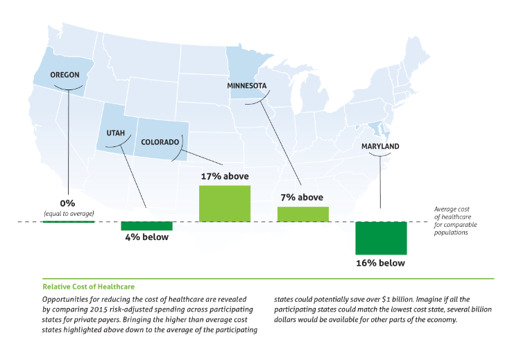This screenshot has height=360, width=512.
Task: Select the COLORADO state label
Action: (x=160, y=142)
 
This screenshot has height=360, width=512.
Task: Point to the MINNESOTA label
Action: (x=246, y=85)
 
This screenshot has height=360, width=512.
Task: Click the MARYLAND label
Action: (x=379, y=146)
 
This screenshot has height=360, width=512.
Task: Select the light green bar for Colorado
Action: (x=225, y=203)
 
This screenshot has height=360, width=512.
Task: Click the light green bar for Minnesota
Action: (x=302, y=214)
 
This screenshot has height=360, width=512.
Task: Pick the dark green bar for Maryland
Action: (x=381, y=238)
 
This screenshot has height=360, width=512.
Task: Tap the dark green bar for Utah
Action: (x=146, y=225)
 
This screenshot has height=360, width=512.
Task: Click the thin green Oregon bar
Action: (x=68, y=221)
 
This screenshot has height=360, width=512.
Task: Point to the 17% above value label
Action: (x=225, y=176)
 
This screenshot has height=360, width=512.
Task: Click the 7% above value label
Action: (x=302, y=198)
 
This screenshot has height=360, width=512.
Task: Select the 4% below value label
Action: (x=146, y=237)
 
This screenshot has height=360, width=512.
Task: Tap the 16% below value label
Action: (x=381, y=263)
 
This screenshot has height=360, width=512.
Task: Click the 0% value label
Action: (x=68, y=203)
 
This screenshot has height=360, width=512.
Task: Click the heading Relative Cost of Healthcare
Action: (x=88, y=286)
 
